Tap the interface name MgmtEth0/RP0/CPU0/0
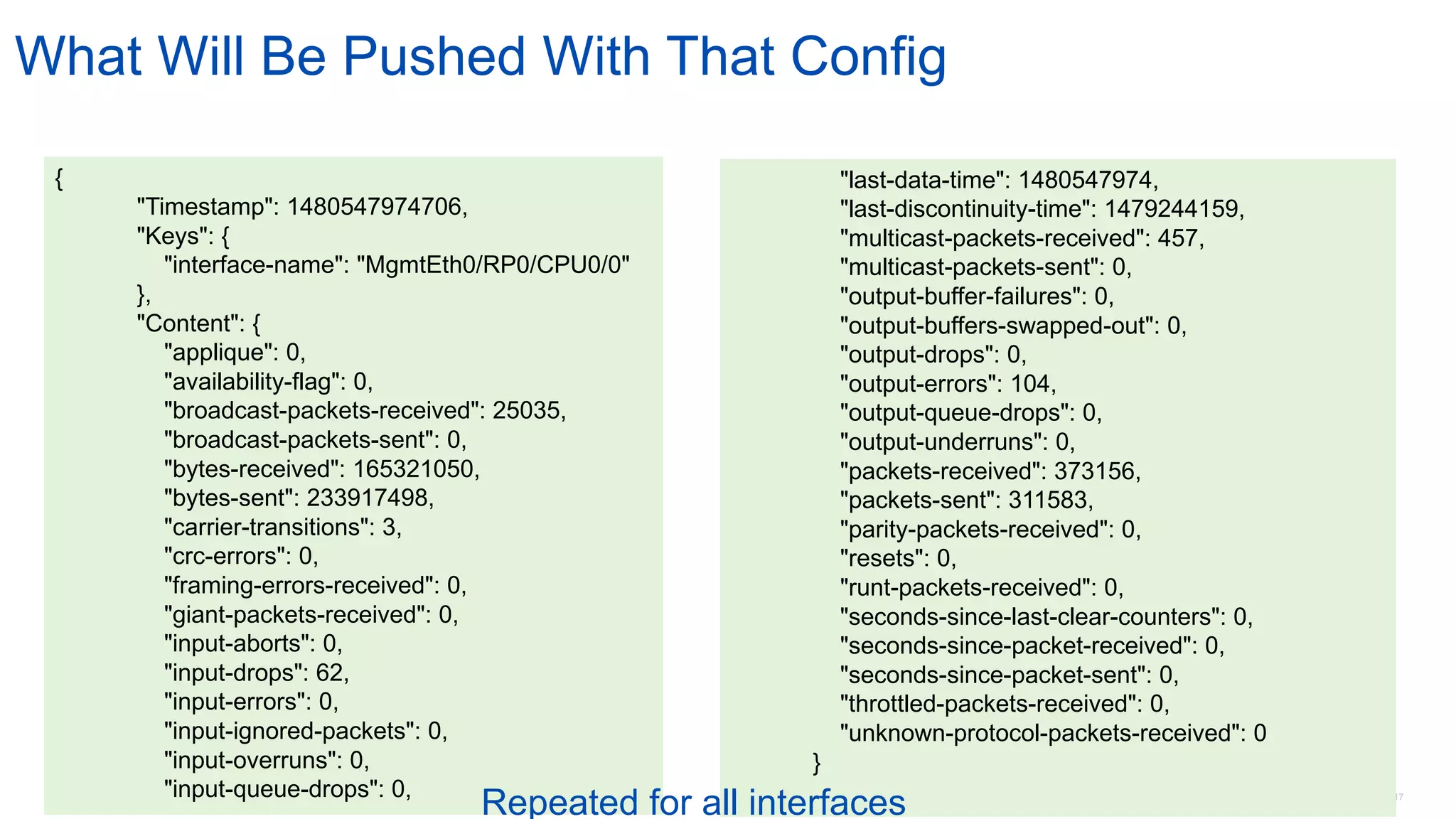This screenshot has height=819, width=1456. click(x=493, y=265)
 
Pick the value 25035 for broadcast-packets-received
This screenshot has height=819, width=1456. click(x=528, y=411)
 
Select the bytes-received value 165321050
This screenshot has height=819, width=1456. click(x=415, y=469)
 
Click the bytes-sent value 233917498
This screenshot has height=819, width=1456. click(x=369, y=498)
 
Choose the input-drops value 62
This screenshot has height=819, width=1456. click(x=331, y=673)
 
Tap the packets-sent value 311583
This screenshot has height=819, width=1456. click(x=1049, y=500)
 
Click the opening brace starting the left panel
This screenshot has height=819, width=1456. click(x=59, y=178)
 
